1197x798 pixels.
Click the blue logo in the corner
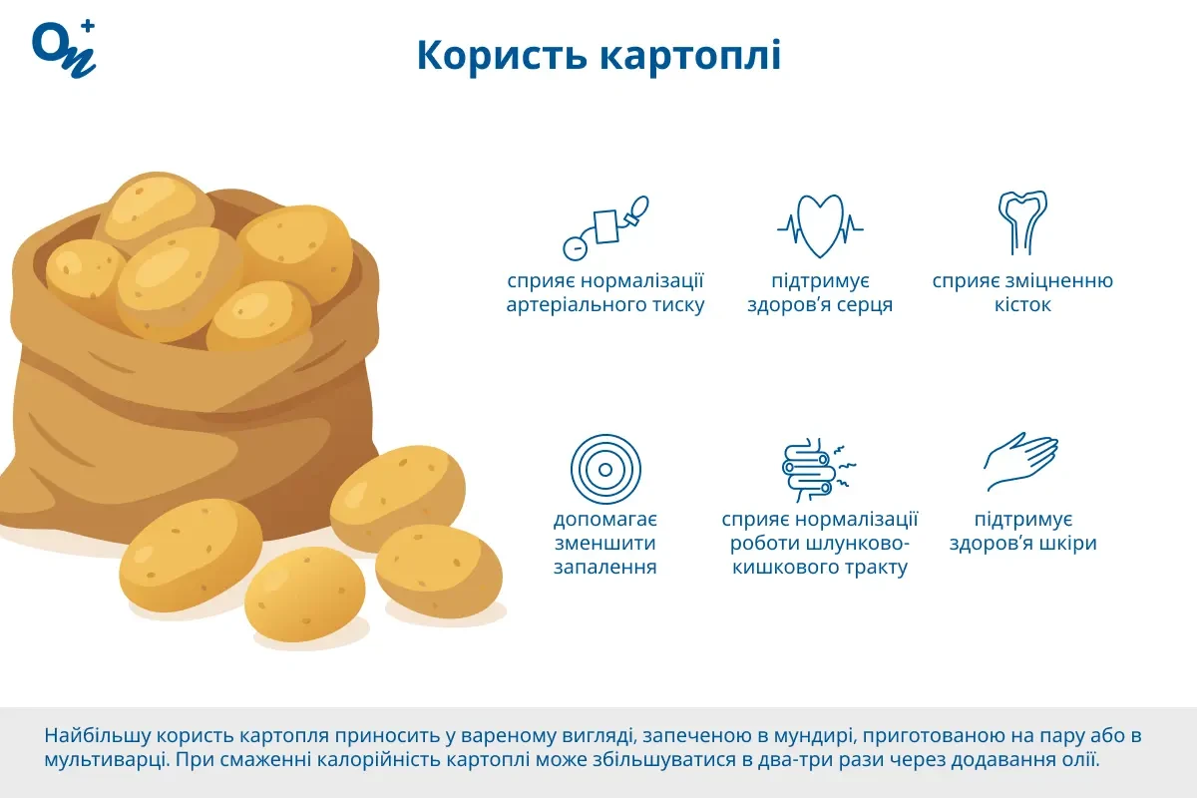point(64,47)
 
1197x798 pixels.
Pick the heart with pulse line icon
point(820,225)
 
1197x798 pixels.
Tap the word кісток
point(1022,305)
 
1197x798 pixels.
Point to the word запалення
point(605,568)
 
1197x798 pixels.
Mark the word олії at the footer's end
point(1076,760)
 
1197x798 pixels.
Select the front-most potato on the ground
point(305,594)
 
